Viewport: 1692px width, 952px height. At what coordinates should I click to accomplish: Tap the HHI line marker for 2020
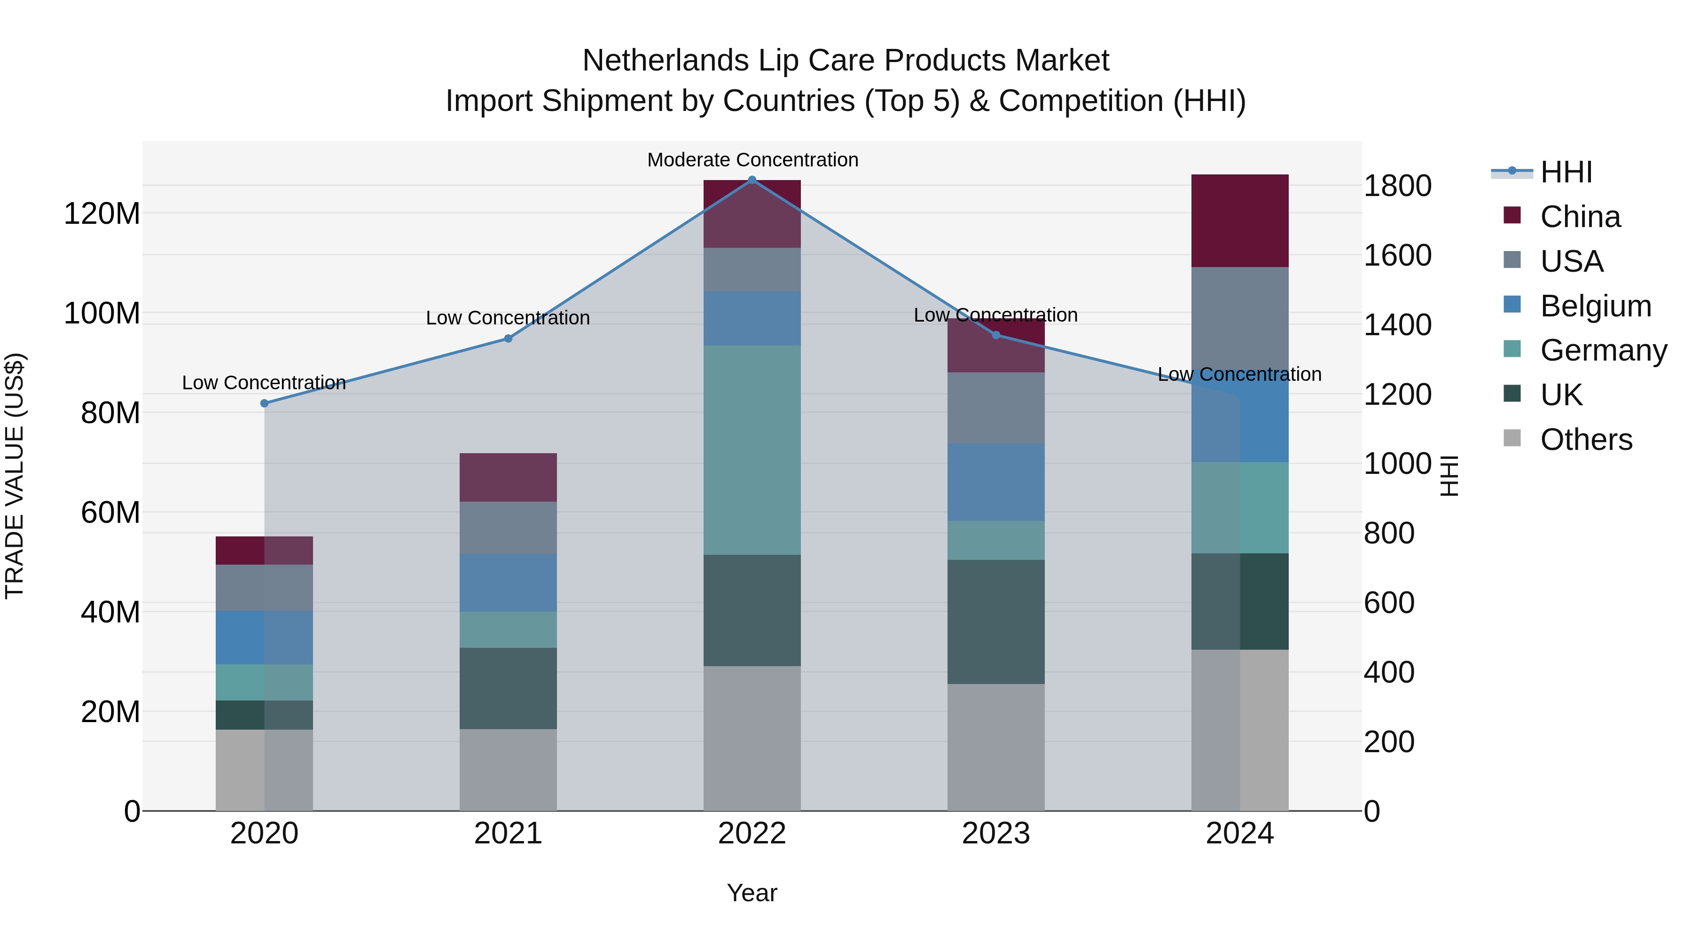(x=264, y=403)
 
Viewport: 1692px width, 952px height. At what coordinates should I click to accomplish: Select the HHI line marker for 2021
(x=508, y=338)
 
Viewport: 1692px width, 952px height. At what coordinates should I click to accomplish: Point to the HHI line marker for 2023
(x=996, y=335)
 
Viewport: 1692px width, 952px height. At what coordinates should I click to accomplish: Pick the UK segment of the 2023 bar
(x=996, y=622)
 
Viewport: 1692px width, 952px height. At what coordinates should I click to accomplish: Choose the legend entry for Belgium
(x=1595, y=306)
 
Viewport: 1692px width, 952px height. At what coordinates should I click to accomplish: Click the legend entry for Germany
(x=1603, y=351)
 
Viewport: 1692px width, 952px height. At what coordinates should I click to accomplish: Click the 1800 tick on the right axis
(x=1397, y=186)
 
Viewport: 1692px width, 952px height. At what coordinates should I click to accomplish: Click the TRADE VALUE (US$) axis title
(x=15, y=476)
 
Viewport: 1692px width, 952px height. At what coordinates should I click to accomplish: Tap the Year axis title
(x=752, y=893)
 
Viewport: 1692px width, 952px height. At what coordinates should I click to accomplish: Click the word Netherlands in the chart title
(x=666, y=61)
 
